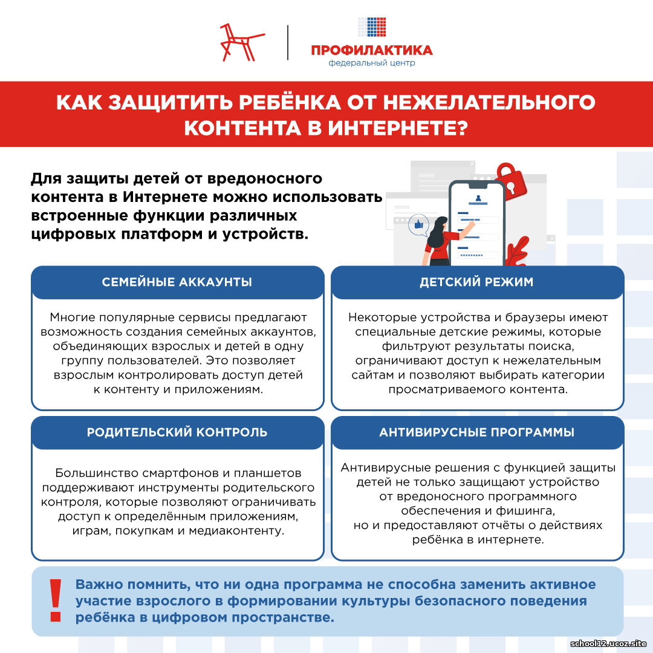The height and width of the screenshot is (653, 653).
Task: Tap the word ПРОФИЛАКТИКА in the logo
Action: (371, 50)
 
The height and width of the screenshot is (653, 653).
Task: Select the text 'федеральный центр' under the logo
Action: (371, 63)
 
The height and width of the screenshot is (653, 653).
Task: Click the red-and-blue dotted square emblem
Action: (372, 27)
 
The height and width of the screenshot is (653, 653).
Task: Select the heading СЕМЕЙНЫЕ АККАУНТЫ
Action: (177, 282)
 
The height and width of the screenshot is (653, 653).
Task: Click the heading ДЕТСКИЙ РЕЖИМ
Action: (476, 282)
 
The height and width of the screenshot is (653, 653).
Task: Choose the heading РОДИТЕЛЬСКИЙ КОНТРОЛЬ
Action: (177, 432)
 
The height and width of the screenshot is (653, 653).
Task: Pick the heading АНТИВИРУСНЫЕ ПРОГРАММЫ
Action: (476, 432)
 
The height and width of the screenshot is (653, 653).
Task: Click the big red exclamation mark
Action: (56, 600)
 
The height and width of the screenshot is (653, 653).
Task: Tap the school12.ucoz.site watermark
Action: (608, 643)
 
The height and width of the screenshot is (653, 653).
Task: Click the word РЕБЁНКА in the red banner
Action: (290, 102)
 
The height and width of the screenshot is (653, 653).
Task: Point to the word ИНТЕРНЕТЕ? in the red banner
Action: (398, 128)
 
